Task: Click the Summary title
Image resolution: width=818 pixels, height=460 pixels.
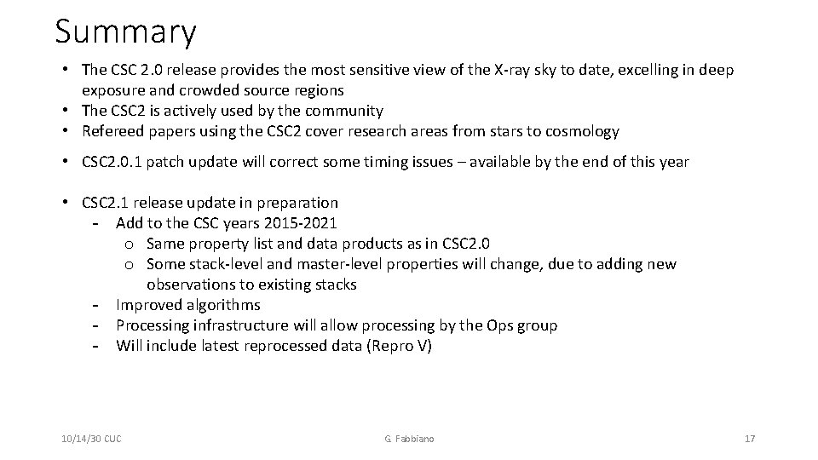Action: pyautogui.click(x=125, y=32)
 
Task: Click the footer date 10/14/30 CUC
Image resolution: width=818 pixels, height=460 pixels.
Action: pyautogui.click(x=91, y=439)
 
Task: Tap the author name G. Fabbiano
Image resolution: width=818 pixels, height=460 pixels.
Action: pyautogui.click(x=408, y=439)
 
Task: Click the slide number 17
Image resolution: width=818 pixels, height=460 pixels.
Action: pyautogui.click(x=750, y=439)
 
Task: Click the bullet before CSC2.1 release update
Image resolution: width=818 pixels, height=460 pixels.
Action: pyautogui.click(x=66, y=203)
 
